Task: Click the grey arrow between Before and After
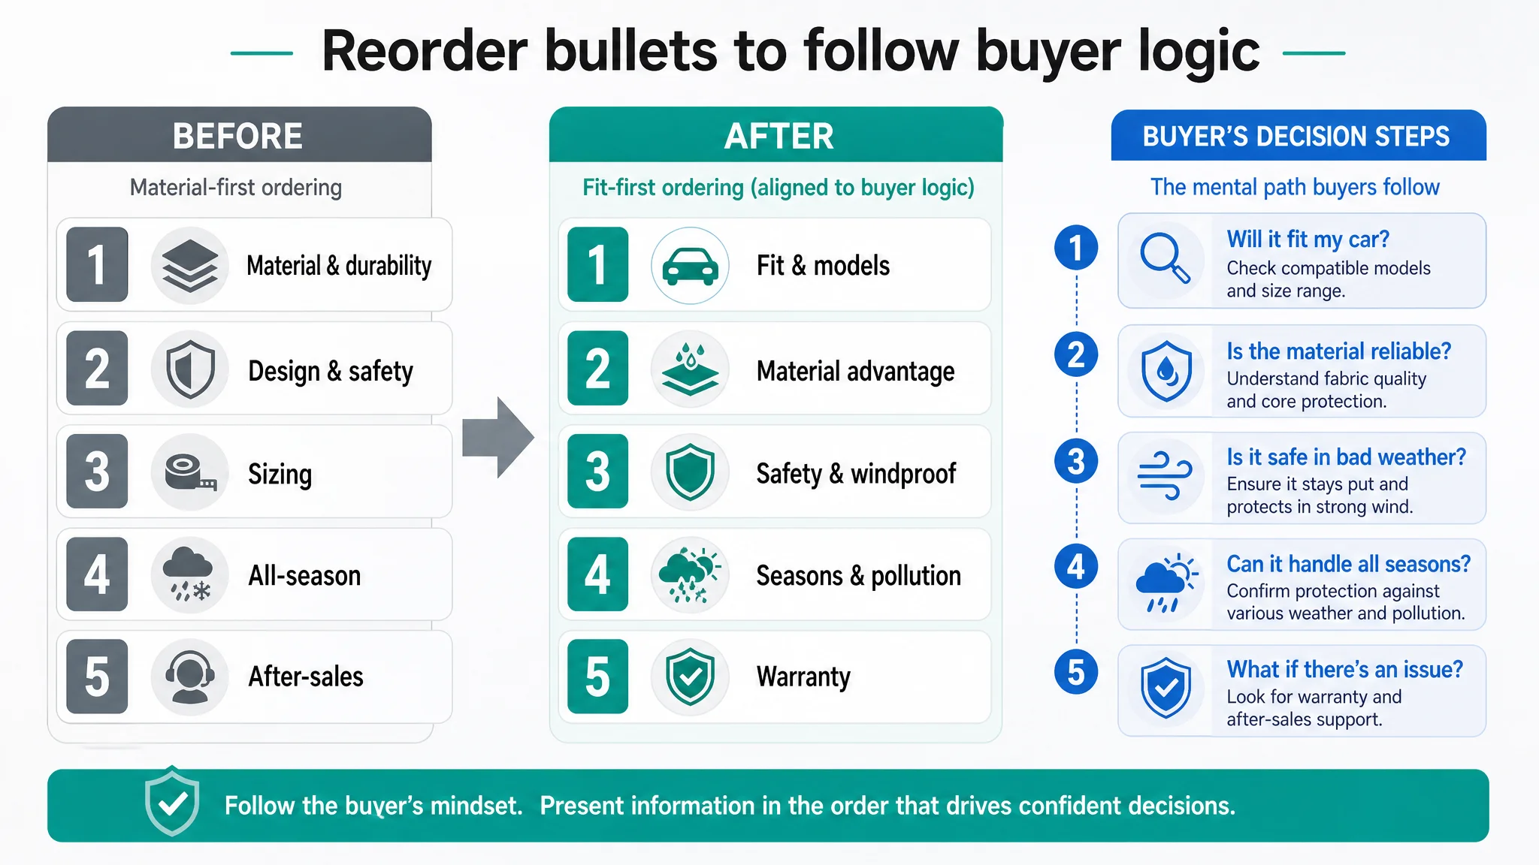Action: [x=497, y=438]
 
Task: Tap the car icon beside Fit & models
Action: [x=690, y=266]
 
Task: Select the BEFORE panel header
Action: [x=239, y=135]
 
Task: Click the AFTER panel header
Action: [x=776, y=135]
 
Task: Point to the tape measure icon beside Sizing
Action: [x=190, y=473]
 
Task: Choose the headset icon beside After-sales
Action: [x=190, y=677]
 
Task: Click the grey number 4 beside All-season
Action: [x=97, y=575]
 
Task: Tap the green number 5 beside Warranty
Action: [x=597, y=677]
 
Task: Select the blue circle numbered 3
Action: [x=1076, y=461]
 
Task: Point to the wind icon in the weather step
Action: [x=1165, y=476]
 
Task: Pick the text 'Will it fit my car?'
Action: [x=1308, y=240]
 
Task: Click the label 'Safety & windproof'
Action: [x=856, y=474]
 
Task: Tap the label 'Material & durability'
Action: [x=339, y=266]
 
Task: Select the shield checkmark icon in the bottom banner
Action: [x=172, y=802]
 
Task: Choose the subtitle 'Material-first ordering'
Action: [x=236, y=187]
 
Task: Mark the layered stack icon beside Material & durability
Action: [x=190, y=266]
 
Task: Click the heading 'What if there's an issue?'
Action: [x=1345, y=669]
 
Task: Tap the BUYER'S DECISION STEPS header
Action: [x=1299, y=135]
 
